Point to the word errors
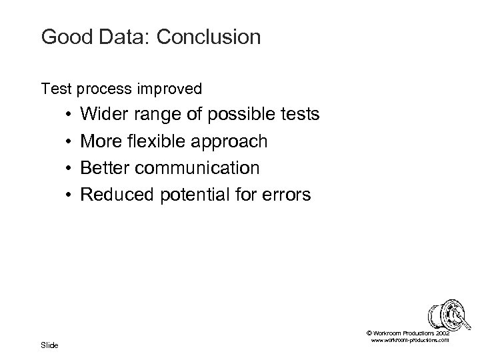coord(285,195)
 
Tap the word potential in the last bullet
coord(189,195)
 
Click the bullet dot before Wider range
coord(69,115)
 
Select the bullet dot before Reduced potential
coord(69,195)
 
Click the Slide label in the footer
coord(49,345)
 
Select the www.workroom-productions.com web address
coord(410,340)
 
